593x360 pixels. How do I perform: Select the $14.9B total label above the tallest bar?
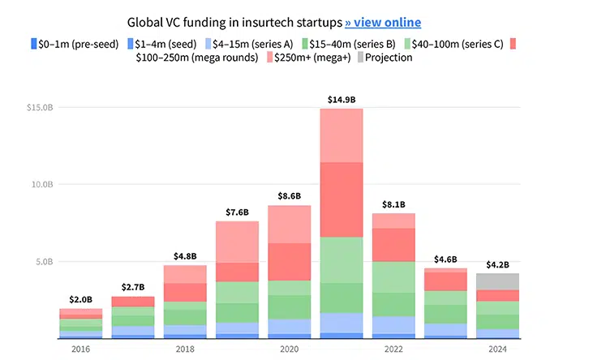341,100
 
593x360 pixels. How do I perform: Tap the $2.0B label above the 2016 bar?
80,300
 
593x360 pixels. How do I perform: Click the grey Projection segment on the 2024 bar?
497,281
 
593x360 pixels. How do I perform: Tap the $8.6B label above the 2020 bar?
289,196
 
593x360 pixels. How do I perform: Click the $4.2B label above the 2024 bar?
497,264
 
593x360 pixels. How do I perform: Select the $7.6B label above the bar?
236,212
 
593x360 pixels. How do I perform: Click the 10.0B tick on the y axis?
40,185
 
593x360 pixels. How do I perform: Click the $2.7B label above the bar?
132,288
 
